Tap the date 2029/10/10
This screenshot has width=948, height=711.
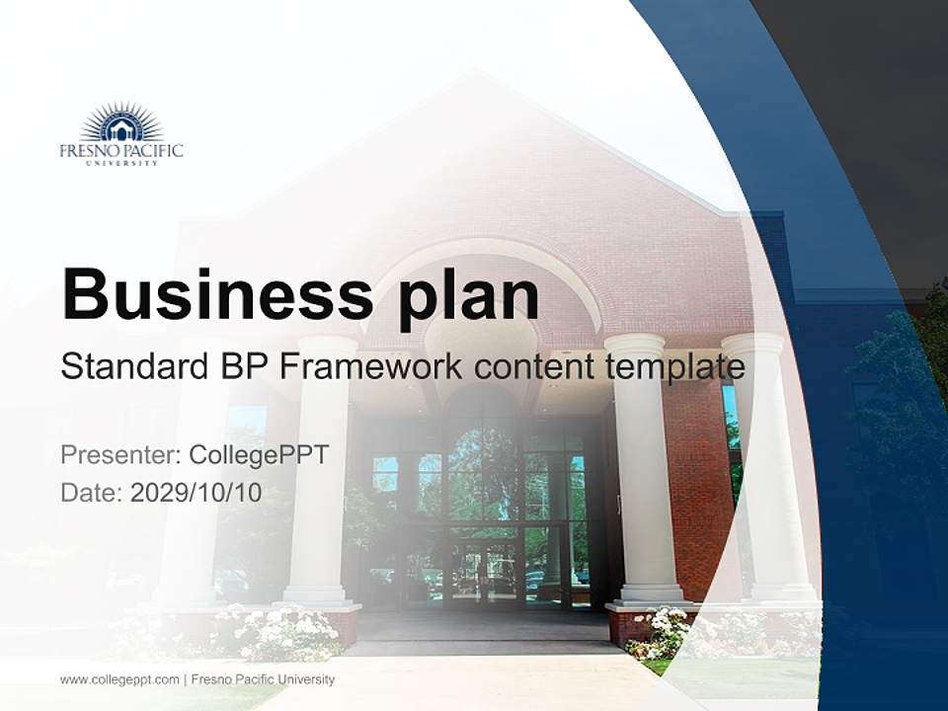point(197,493)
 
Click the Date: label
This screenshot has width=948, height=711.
point(91,493)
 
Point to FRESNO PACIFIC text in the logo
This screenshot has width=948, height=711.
point(121,151)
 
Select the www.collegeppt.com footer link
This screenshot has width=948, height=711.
point(119,679)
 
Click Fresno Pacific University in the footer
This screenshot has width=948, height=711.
point(263,679)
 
